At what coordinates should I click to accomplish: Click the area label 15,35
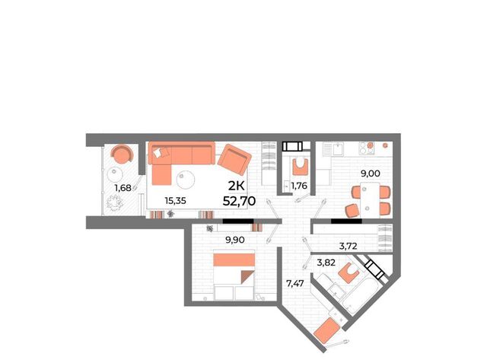176,201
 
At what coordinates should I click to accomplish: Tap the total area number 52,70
239,201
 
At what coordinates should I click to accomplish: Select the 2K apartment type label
237,186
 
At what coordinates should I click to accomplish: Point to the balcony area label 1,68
123,187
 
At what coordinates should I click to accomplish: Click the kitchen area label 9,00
371,174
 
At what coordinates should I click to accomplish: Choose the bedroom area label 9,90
235,240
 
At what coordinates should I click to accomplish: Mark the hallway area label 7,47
294,284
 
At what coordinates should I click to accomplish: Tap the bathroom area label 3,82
326,263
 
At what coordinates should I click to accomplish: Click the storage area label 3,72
349,247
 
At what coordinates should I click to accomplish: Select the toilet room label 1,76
299,186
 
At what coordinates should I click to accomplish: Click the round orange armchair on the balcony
123,154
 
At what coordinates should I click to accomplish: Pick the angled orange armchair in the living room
234,159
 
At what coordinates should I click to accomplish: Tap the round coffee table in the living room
186,180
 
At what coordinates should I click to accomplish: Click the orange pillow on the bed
234,260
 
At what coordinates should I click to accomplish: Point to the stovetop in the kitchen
366,148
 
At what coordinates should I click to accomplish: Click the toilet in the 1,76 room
300,166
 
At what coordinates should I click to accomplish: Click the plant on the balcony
115,202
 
